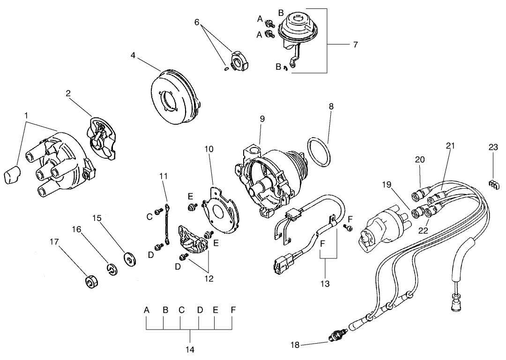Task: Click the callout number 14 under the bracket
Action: [191, 349]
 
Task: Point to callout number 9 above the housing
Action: [262, 119]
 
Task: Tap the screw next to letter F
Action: [349, 227]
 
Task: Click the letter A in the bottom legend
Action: [147, 310]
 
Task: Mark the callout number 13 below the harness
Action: [325, 284]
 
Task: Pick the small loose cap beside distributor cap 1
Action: [11, 177]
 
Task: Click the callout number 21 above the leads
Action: [450, 146]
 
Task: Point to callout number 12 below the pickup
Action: [208, 279]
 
